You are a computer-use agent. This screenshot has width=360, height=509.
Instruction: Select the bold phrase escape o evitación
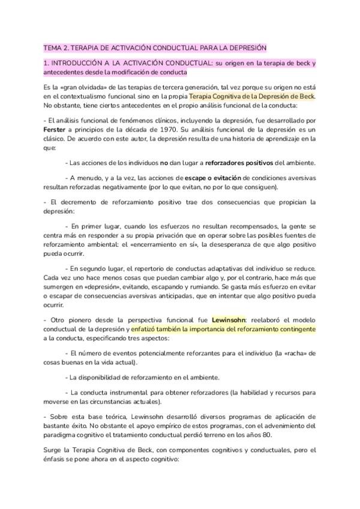[x=213, y=178]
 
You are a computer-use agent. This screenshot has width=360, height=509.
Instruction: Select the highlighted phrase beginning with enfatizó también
[x=223, y=329]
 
